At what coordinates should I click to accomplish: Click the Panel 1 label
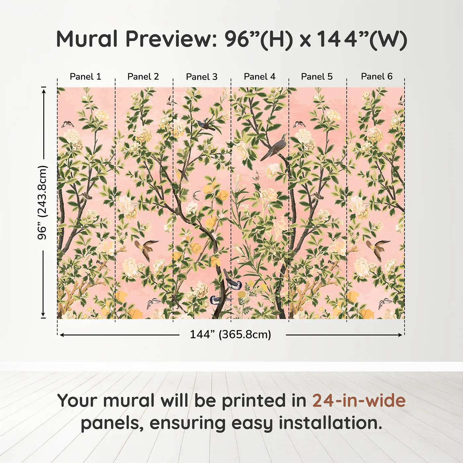(x=85, y=77)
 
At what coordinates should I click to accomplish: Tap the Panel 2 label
(x=143, y=77)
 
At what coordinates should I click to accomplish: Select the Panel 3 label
(x=202, y=77)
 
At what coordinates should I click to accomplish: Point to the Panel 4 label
(x=260, y=77)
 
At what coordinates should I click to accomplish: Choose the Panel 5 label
(x=317, y=77)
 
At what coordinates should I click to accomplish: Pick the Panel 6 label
(x=377, y=77)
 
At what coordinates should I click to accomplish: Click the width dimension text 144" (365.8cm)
(x=231, y=334)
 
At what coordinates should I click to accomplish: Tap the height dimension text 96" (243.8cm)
(x=42, y=202)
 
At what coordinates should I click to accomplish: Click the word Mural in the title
(x=87, y=39)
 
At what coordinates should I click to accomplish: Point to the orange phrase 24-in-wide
(x=359, y=401)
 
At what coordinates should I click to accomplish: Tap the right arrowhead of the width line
(x=400, y=335)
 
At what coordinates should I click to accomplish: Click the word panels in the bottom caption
(x=112, y=423)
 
